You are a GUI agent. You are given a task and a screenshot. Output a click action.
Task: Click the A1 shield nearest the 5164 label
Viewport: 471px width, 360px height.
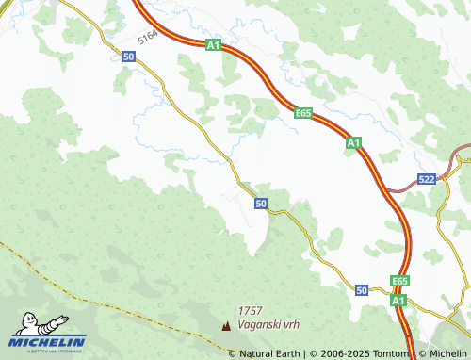[214, 44]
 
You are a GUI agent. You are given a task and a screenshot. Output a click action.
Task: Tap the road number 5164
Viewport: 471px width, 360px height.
[148, 37]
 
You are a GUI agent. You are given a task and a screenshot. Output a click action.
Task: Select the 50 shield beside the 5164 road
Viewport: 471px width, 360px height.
[128, 57]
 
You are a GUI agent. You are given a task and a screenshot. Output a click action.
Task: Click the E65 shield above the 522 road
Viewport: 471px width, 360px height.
[302, 113]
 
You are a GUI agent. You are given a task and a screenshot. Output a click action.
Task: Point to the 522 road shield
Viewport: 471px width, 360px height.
[427, 179]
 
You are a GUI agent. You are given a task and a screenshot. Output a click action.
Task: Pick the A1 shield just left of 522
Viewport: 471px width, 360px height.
[353, 143]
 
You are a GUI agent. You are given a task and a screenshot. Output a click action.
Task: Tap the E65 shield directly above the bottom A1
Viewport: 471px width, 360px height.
[399, 282]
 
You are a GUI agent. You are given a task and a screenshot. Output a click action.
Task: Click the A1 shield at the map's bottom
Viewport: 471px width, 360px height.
[398, 300]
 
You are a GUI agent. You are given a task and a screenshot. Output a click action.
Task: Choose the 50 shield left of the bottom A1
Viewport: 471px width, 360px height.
[363, 291]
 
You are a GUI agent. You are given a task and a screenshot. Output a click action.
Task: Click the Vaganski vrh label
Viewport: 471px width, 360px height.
[268, 324]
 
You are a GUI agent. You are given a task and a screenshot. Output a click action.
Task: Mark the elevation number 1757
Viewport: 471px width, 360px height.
[250, 311]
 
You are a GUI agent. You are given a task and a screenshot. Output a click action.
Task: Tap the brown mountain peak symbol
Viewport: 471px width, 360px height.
[225, 325]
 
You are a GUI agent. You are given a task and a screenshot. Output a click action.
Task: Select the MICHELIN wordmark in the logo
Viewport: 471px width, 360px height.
[48, 341]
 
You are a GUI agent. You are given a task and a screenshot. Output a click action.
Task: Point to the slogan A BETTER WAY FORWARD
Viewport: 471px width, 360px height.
[48, 351]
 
